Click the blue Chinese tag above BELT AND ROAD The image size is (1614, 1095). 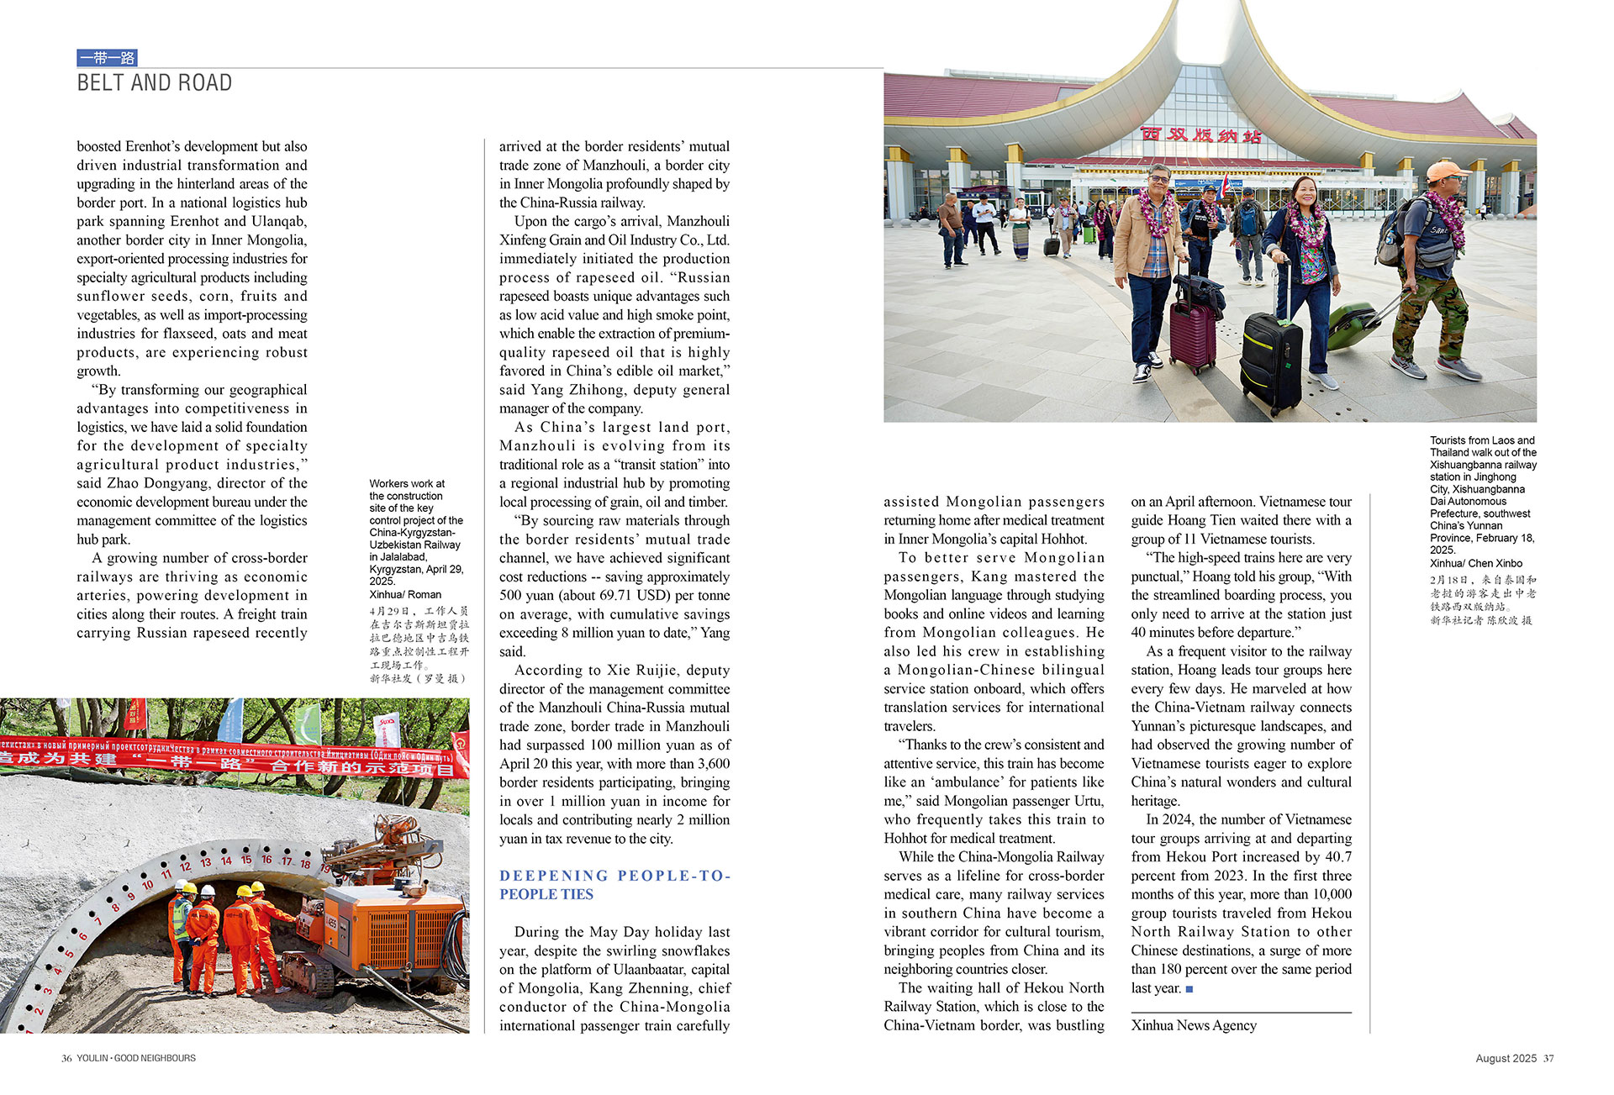pos(107,58)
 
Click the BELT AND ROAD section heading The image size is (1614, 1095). pos(155,83)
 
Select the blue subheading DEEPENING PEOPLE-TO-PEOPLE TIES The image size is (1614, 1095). pos(614,885)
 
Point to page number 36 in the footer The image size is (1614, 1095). pos(66,1059)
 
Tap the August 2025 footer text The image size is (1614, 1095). pos(1506,1059)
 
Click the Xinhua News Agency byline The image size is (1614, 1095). pos(1194,1025)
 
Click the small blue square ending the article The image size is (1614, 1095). pos(1189,989)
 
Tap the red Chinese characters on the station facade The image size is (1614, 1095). pos(1201,134)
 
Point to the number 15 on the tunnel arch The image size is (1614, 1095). pos(246,860)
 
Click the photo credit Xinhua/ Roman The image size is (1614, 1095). pos(405,594)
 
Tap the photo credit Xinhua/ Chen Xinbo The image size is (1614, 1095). pos(1475,563)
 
